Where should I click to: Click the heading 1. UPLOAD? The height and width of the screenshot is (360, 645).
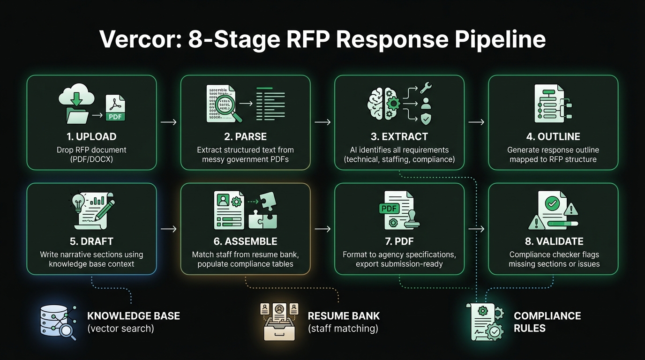tap(91, 137)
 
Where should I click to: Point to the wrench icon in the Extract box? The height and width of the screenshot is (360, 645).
tap(426, 88)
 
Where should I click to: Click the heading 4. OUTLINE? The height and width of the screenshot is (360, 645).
tap(553, 137)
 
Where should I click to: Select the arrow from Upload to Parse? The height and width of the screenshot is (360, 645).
tap(168, 122)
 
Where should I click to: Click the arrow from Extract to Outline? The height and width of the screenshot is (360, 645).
tap(476, 122)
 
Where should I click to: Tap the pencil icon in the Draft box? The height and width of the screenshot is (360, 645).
tap(104, 209)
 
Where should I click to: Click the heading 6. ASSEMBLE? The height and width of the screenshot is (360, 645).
tap(245, 242)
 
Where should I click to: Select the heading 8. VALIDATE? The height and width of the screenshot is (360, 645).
tap(553, 242)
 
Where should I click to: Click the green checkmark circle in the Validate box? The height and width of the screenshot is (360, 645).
tap(552, 203)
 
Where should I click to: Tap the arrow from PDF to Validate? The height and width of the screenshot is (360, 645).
tap(476, 229)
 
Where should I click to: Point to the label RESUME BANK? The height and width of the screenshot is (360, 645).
tap(344, 316)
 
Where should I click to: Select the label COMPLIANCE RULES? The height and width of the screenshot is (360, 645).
tap(547, 322)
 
